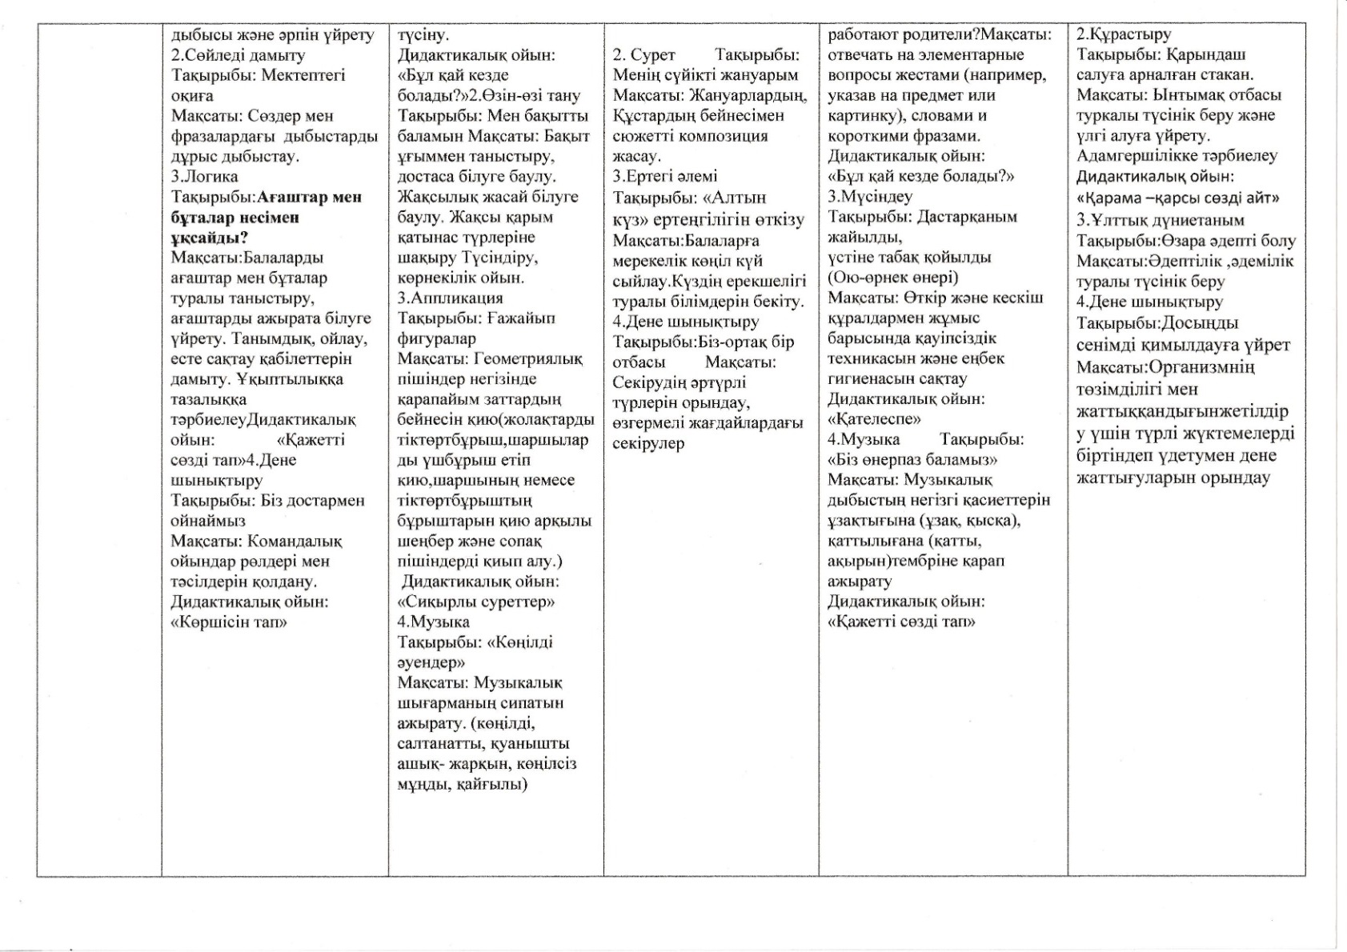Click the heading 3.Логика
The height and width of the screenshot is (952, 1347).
pyautogui.click(x=204, y=177)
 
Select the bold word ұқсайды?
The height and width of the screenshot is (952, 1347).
pyautogui.click(x=209, y=238)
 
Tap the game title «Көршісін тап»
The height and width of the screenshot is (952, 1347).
pyautogui.click(x=230, y=622)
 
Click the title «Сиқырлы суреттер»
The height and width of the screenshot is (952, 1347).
pyautogui.click(x=476, y=602)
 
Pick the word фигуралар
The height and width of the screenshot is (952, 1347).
pyautogui.click(x=436, y=338)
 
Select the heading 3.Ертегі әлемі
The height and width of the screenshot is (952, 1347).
pyautogui.click(x=665, y=177)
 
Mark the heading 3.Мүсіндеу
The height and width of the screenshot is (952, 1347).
pyautogui.click(x=870, y=197)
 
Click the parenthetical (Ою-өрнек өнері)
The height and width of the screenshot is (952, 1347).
pyautogui.click(x=893, y=278)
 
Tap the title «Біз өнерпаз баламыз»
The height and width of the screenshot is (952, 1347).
pyautogui.click(x=912, y=459)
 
